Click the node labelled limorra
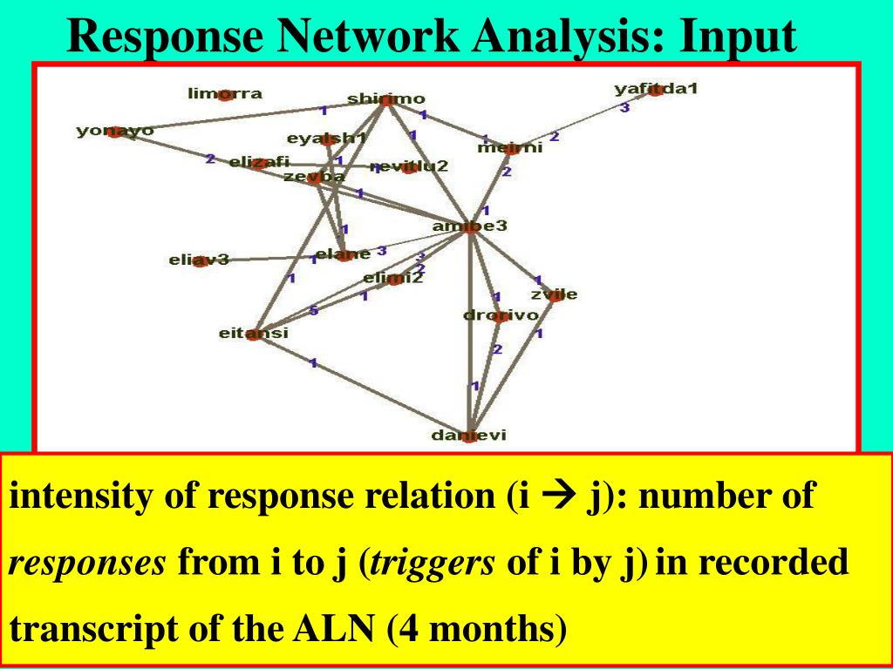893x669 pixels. [x=225, y=94]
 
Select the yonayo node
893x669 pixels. [x=115, y=132]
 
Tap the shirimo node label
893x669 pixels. [x=385, y=99]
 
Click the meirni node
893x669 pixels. [x=510, y=148]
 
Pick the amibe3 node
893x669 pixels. [x=470, y=227]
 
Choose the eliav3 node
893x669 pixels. [x=200, y=260]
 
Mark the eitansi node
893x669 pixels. [x=253, y=333]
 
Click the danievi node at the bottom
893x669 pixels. [x=469, y=436]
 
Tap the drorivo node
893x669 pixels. [x=501, y=315]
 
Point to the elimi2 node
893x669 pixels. [x=393, y=279]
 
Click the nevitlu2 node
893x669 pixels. [x=408, y=166]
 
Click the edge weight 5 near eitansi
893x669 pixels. [x=313, y=312]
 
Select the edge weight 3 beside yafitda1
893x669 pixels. [x=624, y=108]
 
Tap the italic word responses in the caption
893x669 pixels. [x=87, y=564]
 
